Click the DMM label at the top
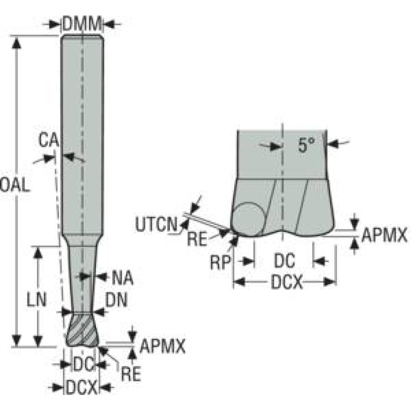[81, 24]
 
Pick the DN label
[116, 301]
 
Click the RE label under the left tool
[130, 373]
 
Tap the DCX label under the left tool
[82, 387]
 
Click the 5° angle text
[306, 145]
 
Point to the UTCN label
[156, 224]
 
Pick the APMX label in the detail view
[384, 234]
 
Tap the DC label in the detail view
[284, 261]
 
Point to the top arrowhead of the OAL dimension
[18, 42]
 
